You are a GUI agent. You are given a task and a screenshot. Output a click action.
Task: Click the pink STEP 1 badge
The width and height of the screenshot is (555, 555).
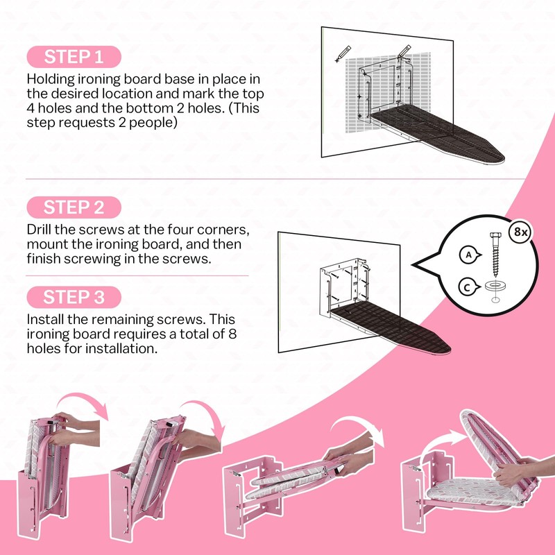point(74,57)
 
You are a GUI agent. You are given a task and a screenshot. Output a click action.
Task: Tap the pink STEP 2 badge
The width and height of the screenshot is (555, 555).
point(74,207)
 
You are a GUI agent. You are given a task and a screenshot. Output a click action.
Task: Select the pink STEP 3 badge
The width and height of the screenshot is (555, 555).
point(74,297)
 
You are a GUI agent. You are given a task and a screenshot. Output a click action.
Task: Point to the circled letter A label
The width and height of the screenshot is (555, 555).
point(470,255)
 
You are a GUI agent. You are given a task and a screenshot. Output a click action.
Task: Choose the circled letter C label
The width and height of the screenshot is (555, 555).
point(468,287)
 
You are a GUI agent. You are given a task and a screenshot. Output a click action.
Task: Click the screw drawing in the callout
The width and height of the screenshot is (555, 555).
point(494,254)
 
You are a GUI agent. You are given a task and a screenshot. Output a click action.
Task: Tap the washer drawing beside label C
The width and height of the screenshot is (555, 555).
point(495,286)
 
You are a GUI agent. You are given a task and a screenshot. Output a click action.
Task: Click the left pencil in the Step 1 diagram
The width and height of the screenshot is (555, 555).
point(343,54)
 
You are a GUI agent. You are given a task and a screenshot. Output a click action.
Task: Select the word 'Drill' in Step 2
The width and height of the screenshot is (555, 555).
point(39,230)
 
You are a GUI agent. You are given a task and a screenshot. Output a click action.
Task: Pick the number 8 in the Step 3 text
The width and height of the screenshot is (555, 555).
point(232,334)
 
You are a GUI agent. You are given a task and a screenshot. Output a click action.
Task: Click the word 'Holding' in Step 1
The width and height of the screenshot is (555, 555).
point(51,80)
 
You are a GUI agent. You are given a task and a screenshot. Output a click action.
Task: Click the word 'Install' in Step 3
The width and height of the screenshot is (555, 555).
point(45,319)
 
